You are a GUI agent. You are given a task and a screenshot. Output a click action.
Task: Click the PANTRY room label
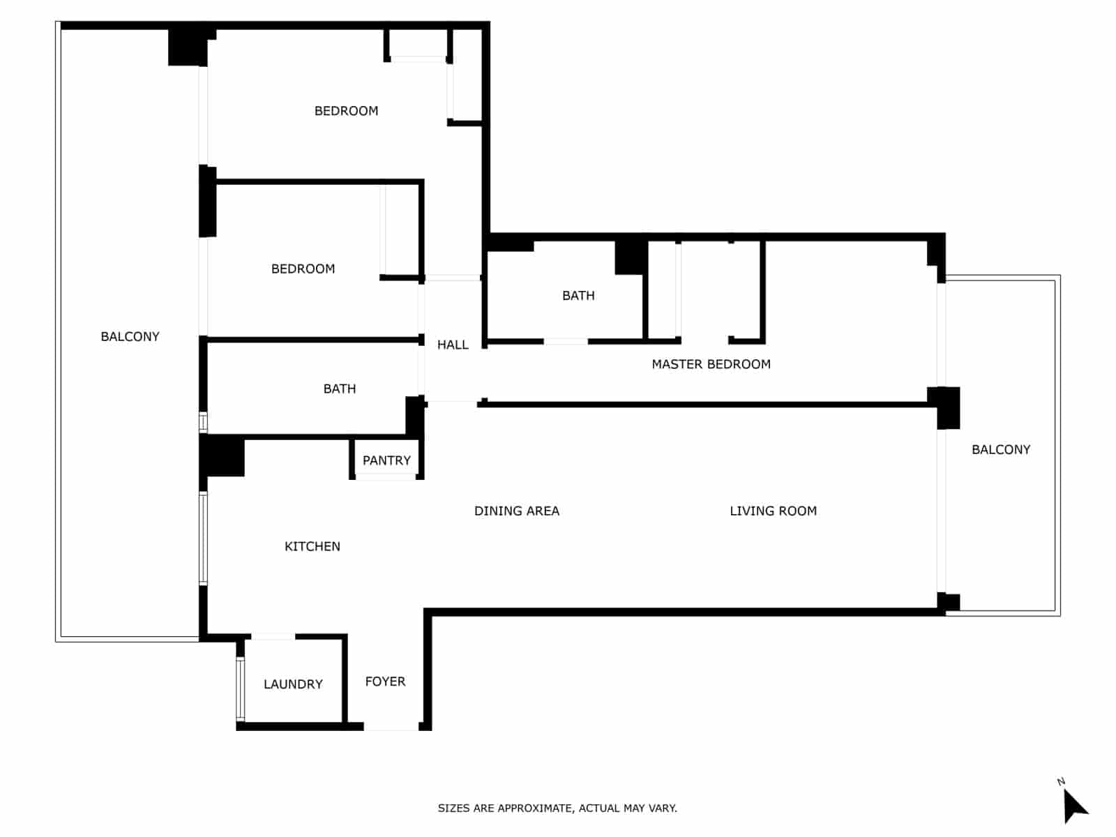(386, 460)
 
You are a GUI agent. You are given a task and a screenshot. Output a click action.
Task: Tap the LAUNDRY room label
(293, 684)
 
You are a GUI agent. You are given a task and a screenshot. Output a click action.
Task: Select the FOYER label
(385, 681)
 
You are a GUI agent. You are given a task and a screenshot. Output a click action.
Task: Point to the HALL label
(453, 345)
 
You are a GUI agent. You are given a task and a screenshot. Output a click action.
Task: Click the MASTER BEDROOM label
(711, 364)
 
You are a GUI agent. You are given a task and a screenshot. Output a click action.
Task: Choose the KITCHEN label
(312, 546)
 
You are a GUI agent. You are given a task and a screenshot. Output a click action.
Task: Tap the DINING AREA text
(516, 511)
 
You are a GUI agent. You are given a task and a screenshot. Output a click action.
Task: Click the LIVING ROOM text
(773, 511)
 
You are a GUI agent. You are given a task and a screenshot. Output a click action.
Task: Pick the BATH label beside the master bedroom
(578, 296)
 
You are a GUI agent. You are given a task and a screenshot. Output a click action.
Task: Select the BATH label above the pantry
(340, 389)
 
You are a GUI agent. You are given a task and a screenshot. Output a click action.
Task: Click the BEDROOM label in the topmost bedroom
(346, 111)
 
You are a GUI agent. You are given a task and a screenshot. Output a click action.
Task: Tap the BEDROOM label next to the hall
(303, 269)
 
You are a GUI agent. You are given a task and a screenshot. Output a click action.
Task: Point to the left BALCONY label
(130, 337)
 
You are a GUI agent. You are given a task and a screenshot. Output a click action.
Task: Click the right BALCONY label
(1001, 450)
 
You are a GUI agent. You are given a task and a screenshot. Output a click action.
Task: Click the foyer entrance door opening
(391, 727)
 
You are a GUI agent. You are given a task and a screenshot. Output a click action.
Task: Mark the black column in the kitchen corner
(223, 455)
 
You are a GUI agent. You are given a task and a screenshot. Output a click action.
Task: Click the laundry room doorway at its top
(273, 636)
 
